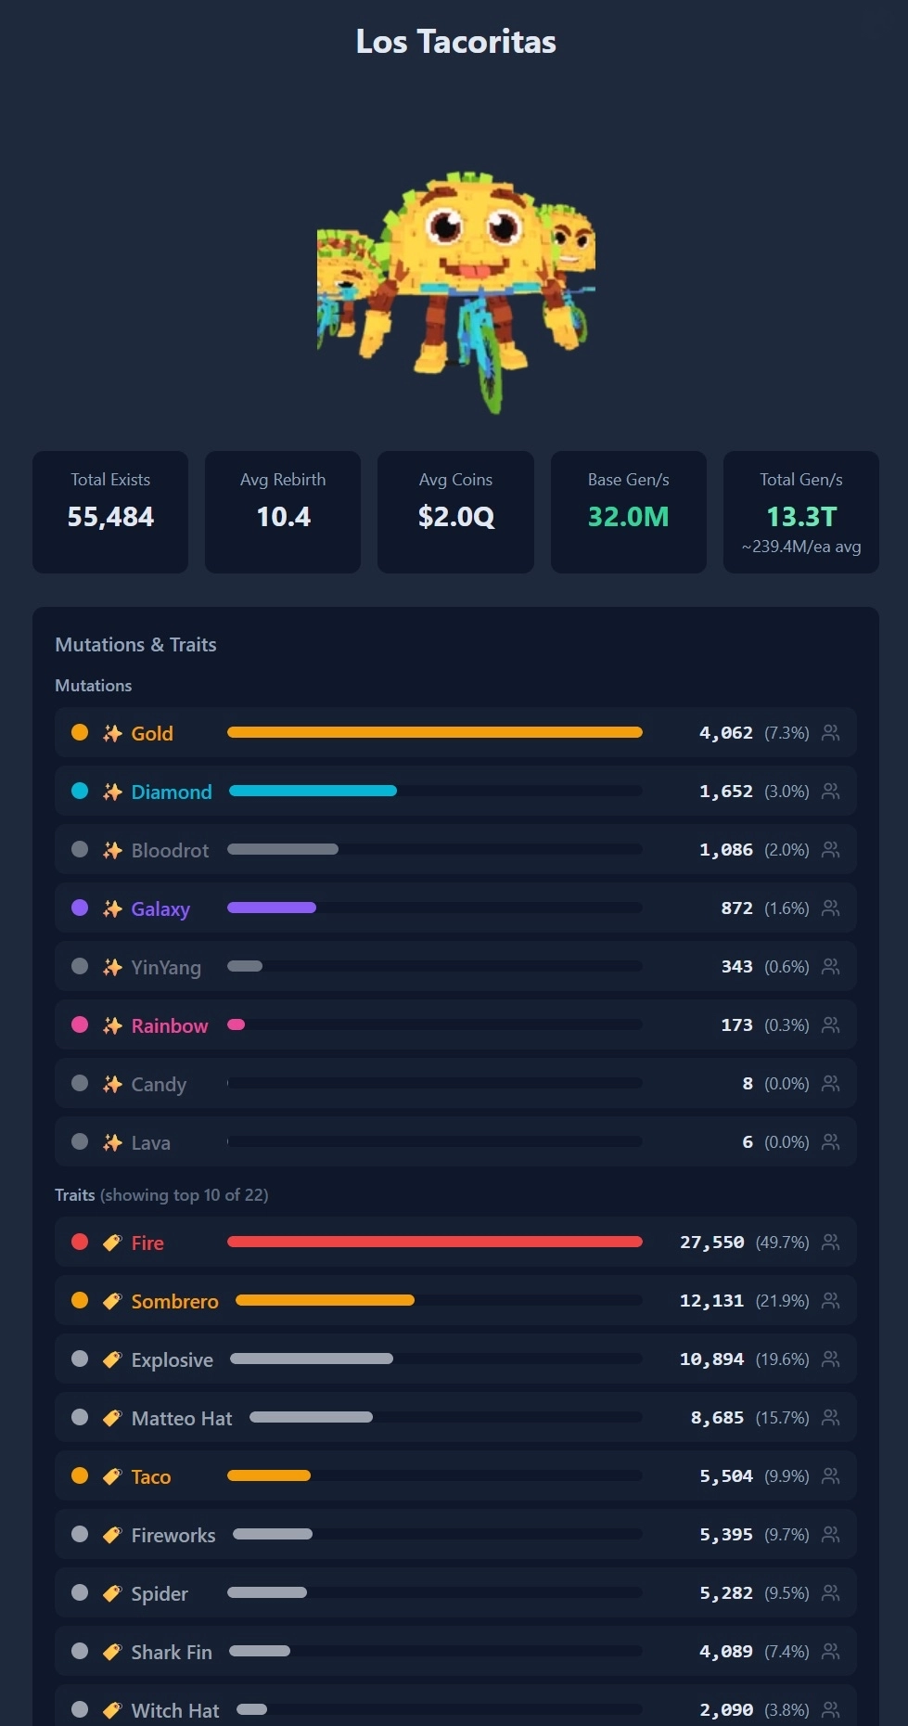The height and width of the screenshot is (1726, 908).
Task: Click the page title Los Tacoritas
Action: (455, 42)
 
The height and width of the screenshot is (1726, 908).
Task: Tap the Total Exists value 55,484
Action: (110, 517)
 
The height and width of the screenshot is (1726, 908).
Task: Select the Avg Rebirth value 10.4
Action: (283, 517)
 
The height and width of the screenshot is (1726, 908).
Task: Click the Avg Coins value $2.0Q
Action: (455, 517)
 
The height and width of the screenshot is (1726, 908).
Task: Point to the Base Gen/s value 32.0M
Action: (628, 517)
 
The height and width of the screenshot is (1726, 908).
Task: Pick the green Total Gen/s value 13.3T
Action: (801, 517)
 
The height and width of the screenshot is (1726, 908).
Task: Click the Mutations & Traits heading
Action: (135, 645)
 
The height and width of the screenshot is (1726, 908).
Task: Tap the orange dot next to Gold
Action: (80, 732)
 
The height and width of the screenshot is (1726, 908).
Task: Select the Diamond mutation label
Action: (172, 792)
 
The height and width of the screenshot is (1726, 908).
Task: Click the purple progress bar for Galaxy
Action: (272, 908)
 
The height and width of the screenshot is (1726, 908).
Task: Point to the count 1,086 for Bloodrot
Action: (726, 850)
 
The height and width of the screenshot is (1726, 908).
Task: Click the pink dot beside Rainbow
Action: (80, 1024)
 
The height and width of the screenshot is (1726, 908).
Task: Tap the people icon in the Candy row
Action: (831, 1083)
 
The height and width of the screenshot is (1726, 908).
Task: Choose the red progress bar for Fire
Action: (435, 1242)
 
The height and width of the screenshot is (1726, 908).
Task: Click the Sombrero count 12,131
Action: (712, 1301)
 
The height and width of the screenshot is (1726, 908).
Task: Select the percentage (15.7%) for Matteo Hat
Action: (783, 1418)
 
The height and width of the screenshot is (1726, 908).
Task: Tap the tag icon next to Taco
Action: (112, 1476)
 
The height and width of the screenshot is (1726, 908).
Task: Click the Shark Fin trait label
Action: (172, 1652)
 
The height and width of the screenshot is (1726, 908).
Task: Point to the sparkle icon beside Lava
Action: (112, 1142)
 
